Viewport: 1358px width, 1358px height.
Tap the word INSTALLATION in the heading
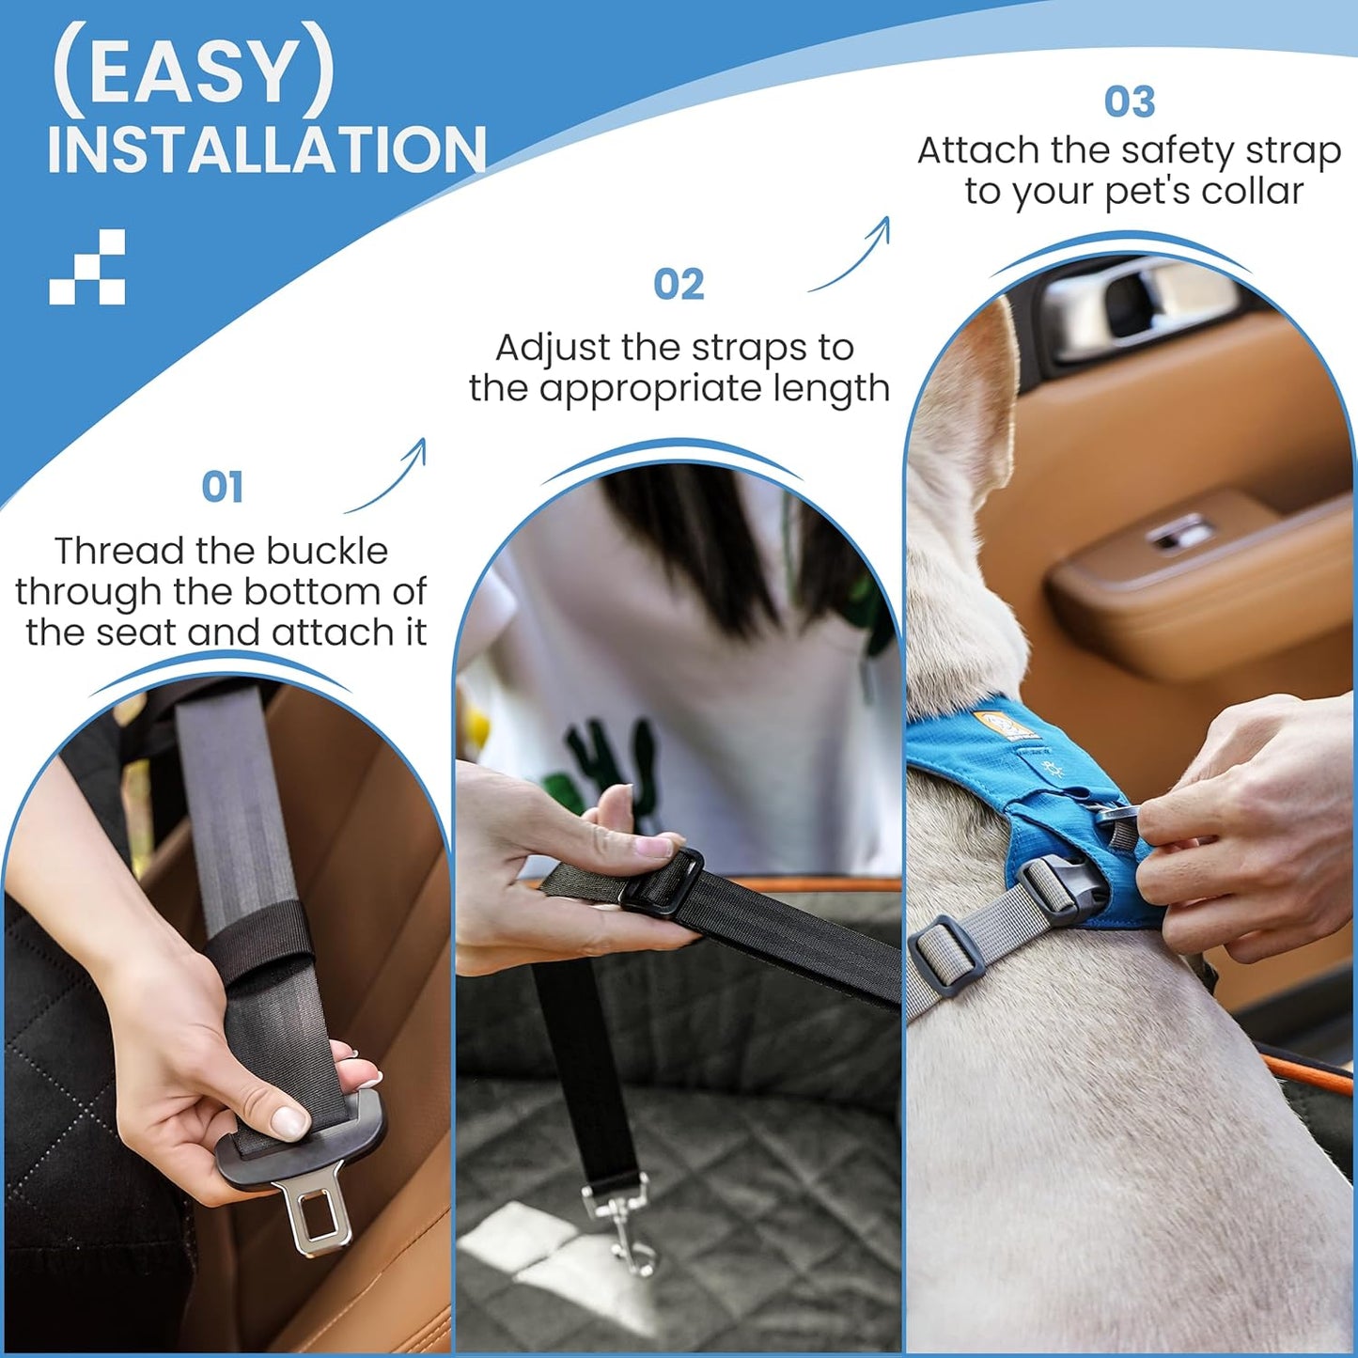pyautogui.click(x=266, y=149)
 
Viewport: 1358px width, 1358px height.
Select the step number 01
pyautogui.click(x=222, y=486)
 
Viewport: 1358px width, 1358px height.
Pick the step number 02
pyautogui.click(x=679, y=284)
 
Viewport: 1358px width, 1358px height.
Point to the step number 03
pyautogui.click(x=1130, y=101)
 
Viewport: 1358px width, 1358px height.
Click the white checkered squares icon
pyautogui.click(x=86, y=266)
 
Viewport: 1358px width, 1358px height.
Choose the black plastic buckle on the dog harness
pyautogui.click(x=1057, y=889)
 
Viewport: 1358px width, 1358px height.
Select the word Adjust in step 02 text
pyautogui.click(x=553, y=348)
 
